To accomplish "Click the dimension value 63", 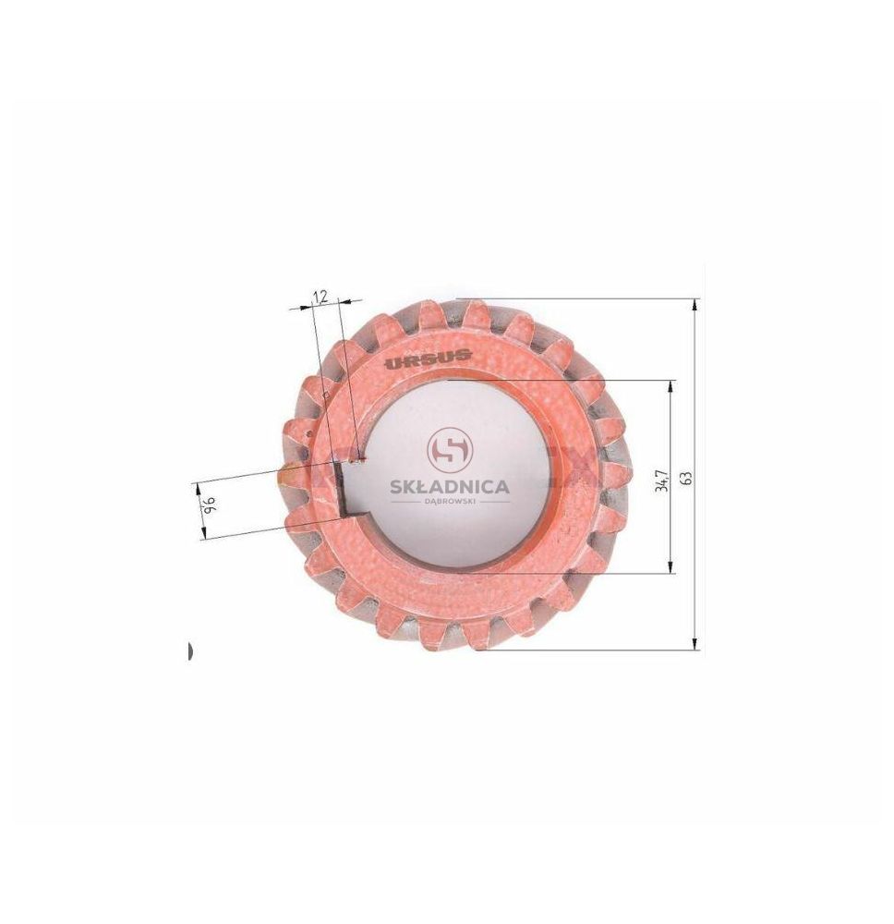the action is [687, 477].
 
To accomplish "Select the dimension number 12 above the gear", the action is [320, 296].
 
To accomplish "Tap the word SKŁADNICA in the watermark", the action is [450, 487].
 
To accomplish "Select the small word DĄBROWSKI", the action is [451, 502].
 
